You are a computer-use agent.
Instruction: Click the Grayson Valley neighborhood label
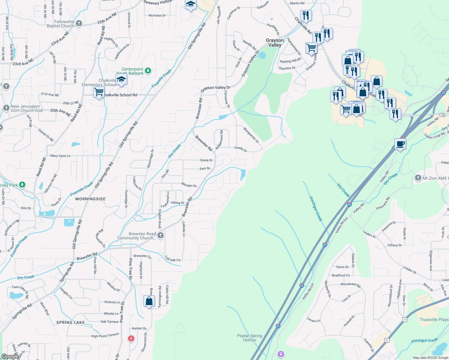coord(275,43)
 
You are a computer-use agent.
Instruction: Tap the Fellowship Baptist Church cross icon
coord(79,23)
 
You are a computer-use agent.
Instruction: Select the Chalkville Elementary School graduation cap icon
coord(121,79)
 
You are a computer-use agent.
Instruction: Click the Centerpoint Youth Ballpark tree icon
coord(148,71)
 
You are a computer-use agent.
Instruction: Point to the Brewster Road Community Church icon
coord(161,235)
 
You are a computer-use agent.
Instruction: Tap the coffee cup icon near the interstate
coord(400,144)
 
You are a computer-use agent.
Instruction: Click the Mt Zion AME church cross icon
coord(418,178)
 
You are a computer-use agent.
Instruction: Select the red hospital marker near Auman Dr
coord(131,339)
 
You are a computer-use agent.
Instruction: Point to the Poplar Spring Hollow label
coord(249,338)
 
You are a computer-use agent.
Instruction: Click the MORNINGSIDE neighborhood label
coord(90,199)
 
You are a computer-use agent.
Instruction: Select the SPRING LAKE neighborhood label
coord(71,322)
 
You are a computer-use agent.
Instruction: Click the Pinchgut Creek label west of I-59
coord(316,209)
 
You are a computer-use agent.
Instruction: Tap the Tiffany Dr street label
coord(394,245)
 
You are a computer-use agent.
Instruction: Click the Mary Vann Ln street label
coord(60,156)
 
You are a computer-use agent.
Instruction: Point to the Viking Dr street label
coord(178,203)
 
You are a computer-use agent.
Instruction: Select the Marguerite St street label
coord(251,135)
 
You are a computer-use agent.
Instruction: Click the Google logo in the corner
coord(10,356)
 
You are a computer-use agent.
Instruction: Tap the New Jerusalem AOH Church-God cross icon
coord(6,108)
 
